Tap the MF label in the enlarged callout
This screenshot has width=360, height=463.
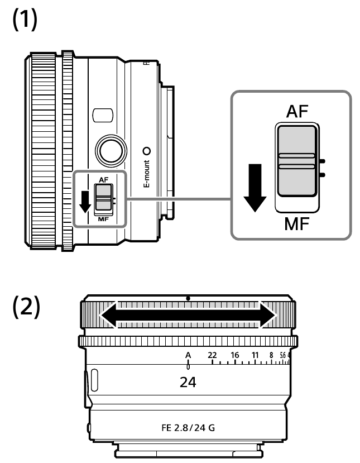pos(296,226)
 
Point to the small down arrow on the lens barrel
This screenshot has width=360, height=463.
pos(85,201)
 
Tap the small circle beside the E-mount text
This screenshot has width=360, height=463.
pos(147,151)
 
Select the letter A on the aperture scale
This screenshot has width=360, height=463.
pos(188,355)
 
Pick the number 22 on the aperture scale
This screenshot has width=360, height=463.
pos(212,355)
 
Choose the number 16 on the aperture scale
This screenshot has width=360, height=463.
pos(234,355)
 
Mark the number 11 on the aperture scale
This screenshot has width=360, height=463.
pos(255,355)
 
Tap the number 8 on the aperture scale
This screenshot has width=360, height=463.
pos(271,355)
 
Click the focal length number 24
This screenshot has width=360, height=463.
pos(188,384)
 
